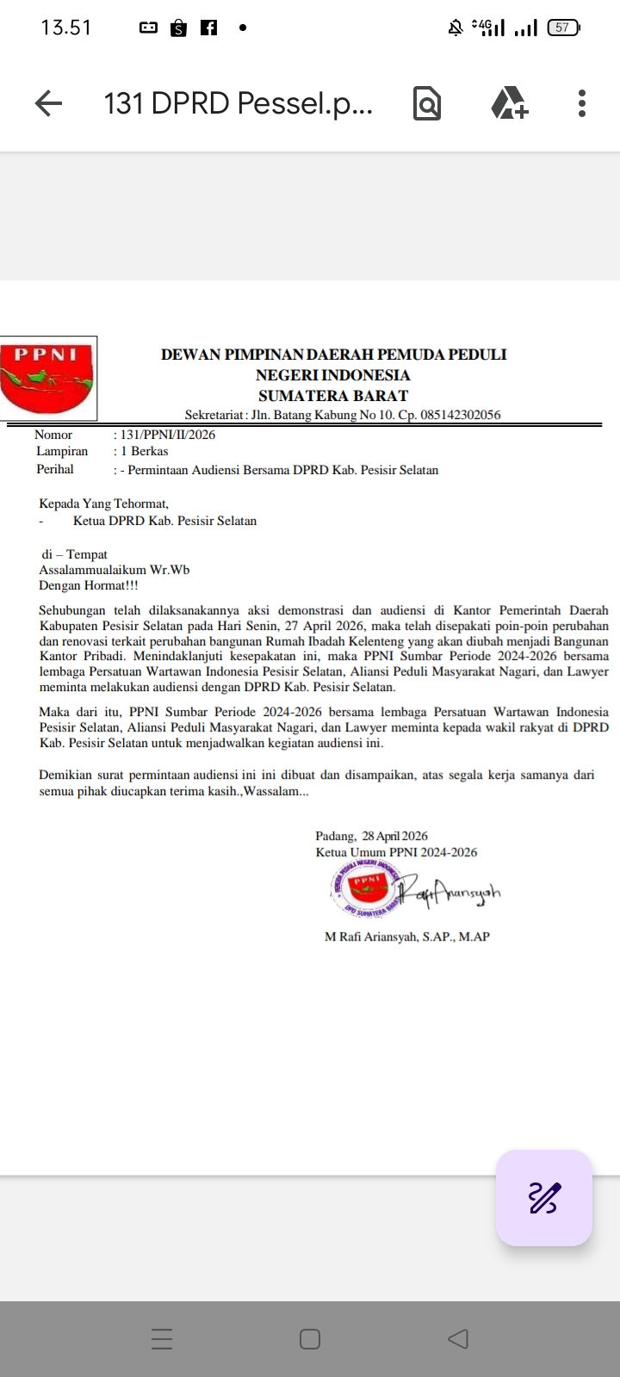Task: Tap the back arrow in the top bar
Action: tap(49, 104)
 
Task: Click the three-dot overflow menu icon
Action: tap(582, 103)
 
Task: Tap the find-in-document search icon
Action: tap(427, 104)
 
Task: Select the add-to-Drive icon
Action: tap(509, 103)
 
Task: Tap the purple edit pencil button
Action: tap(543, 1198)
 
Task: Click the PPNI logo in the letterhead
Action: tap(48, 378)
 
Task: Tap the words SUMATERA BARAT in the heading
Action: tap(333, 396)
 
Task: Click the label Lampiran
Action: tap(62, 451)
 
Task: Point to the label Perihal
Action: tap(55, 469)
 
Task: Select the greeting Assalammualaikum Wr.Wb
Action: tap(115, 570)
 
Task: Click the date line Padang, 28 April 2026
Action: tap(371, 836)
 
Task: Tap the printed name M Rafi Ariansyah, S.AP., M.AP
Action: tap(406, 936)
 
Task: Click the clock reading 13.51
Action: tap(65, 28)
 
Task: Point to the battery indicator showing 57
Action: tap(563, 28)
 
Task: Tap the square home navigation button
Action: tap(310, 1339)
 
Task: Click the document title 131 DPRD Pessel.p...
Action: tap(239, 104)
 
